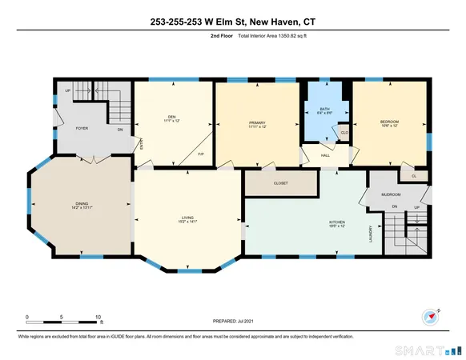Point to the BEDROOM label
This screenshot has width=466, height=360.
[389, 121]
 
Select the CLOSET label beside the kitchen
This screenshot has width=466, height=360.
[280, 183]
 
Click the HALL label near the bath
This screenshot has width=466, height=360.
[327, 156]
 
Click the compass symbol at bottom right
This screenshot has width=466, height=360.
[429, 314]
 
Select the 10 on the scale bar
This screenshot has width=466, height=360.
[98, 317]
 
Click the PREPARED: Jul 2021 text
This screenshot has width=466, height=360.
[232, 324]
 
